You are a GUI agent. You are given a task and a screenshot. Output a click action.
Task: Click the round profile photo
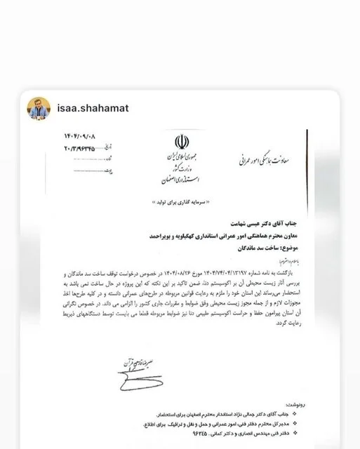coord(38,107)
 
